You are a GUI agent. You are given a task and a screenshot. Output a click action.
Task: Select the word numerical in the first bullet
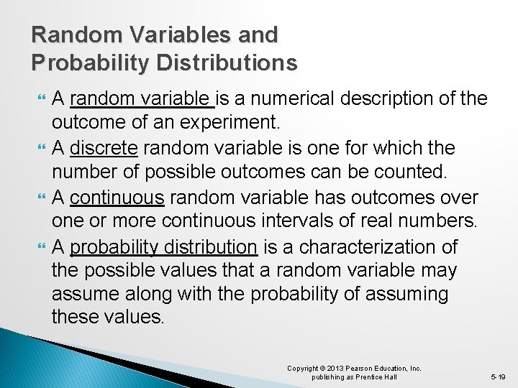293,98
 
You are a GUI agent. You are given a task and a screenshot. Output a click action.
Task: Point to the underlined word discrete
105,148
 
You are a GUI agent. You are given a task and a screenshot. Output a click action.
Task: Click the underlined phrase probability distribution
164,248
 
